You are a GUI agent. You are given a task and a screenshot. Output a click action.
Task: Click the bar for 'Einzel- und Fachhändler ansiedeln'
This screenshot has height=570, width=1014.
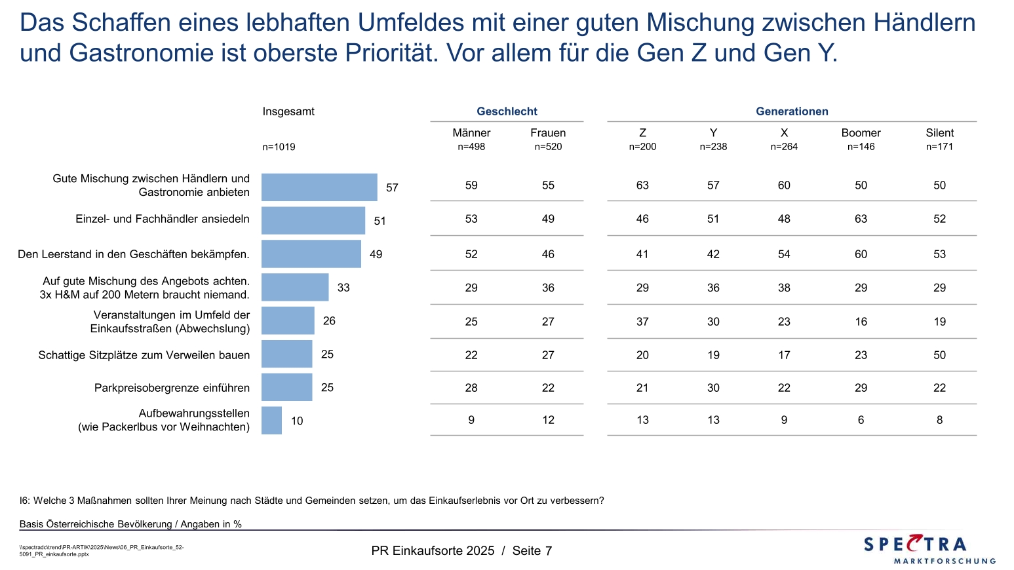coord(313,221)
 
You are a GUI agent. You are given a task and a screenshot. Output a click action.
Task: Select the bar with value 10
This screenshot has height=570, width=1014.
coord(271,421)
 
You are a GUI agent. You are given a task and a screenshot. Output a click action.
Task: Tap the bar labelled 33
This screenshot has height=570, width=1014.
coord(295,288)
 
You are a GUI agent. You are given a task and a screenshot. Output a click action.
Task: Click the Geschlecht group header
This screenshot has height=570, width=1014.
coord(507,111)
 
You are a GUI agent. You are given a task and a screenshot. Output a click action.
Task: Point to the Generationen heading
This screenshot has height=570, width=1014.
coord(792,111)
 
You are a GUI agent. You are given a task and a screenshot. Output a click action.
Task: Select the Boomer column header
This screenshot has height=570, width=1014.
coord(861,133)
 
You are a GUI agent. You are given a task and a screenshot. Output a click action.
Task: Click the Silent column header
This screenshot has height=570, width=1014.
coord(939,133)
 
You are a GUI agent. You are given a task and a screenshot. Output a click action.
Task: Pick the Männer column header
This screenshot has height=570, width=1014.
coord(471,133)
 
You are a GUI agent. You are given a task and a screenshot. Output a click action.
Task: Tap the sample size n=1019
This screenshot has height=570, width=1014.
coord(279,147)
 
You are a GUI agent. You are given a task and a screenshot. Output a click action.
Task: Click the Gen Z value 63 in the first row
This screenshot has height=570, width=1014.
coord(642,185)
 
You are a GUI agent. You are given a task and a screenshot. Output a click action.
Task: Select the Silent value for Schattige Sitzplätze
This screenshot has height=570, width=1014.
coord(939,355)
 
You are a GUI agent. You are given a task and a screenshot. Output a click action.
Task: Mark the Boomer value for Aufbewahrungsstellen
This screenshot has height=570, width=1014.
coord(861,420)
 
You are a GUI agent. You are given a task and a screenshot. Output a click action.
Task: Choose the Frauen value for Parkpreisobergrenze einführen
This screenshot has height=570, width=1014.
coord(548,388)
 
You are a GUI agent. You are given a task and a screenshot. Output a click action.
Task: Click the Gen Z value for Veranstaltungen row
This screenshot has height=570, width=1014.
coord(642,322)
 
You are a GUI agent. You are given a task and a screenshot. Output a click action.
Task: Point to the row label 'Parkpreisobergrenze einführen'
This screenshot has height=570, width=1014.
coord(172,388)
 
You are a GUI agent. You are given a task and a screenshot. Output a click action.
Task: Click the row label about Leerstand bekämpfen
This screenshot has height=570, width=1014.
coord(134,254)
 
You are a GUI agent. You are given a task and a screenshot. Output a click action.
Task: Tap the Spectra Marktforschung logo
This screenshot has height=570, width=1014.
coord(929,549)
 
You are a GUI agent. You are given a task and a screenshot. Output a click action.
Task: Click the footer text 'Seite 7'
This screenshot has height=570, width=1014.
coord(532,551)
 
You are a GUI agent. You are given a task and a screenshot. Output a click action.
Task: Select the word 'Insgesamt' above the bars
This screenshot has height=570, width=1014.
coord(288,111)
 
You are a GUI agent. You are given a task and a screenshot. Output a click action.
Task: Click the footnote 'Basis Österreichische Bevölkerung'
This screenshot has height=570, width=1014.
coord(130,524)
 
